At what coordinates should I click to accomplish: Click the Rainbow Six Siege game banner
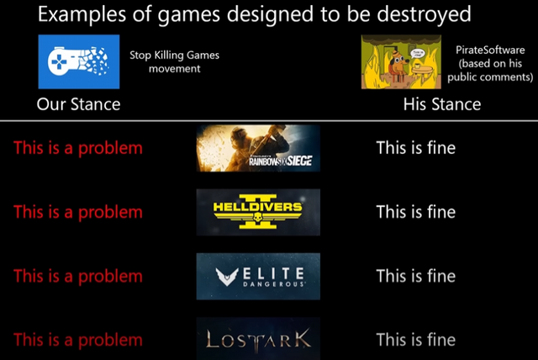[257, 148]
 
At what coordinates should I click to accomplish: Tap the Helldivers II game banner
[257, 212]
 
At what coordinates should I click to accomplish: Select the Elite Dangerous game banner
[257, 276]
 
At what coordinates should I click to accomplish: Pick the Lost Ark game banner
[257, 339]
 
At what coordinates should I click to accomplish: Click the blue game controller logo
[78, 61]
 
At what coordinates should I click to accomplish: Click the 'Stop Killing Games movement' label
[174, 61]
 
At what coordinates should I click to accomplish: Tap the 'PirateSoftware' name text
[490, 50]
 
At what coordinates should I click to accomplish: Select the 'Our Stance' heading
[78, 104]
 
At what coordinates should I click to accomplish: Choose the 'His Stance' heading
[441, 104]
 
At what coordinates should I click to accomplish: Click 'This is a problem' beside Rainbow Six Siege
[78, 148]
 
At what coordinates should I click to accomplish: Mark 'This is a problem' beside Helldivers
[78, 212]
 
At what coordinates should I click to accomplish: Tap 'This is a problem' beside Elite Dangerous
[78, 276]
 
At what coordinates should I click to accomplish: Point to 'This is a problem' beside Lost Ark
[78, 340]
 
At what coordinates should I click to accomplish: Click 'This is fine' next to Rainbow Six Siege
[415, 148]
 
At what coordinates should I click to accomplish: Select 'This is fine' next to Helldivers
[415, 212]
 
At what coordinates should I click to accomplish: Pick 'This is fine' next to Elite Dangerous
[415, 276]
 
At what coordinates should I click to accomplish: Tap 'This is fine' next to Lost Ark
[415, 340]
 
